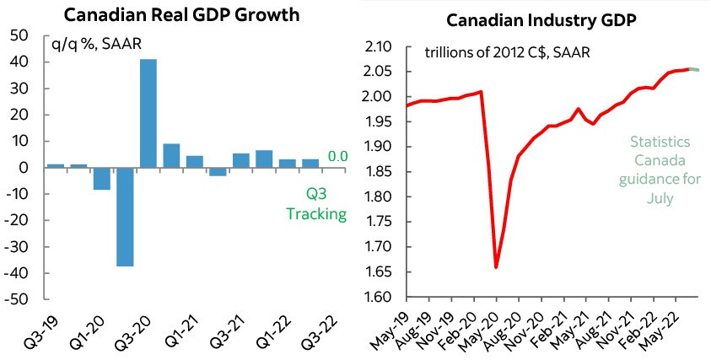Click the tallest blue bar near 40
coord(148,113)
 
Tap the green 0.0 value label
coord(337,156)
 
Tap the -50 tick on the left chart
coord(21,298)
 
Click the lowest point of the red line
coord(496,267)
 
